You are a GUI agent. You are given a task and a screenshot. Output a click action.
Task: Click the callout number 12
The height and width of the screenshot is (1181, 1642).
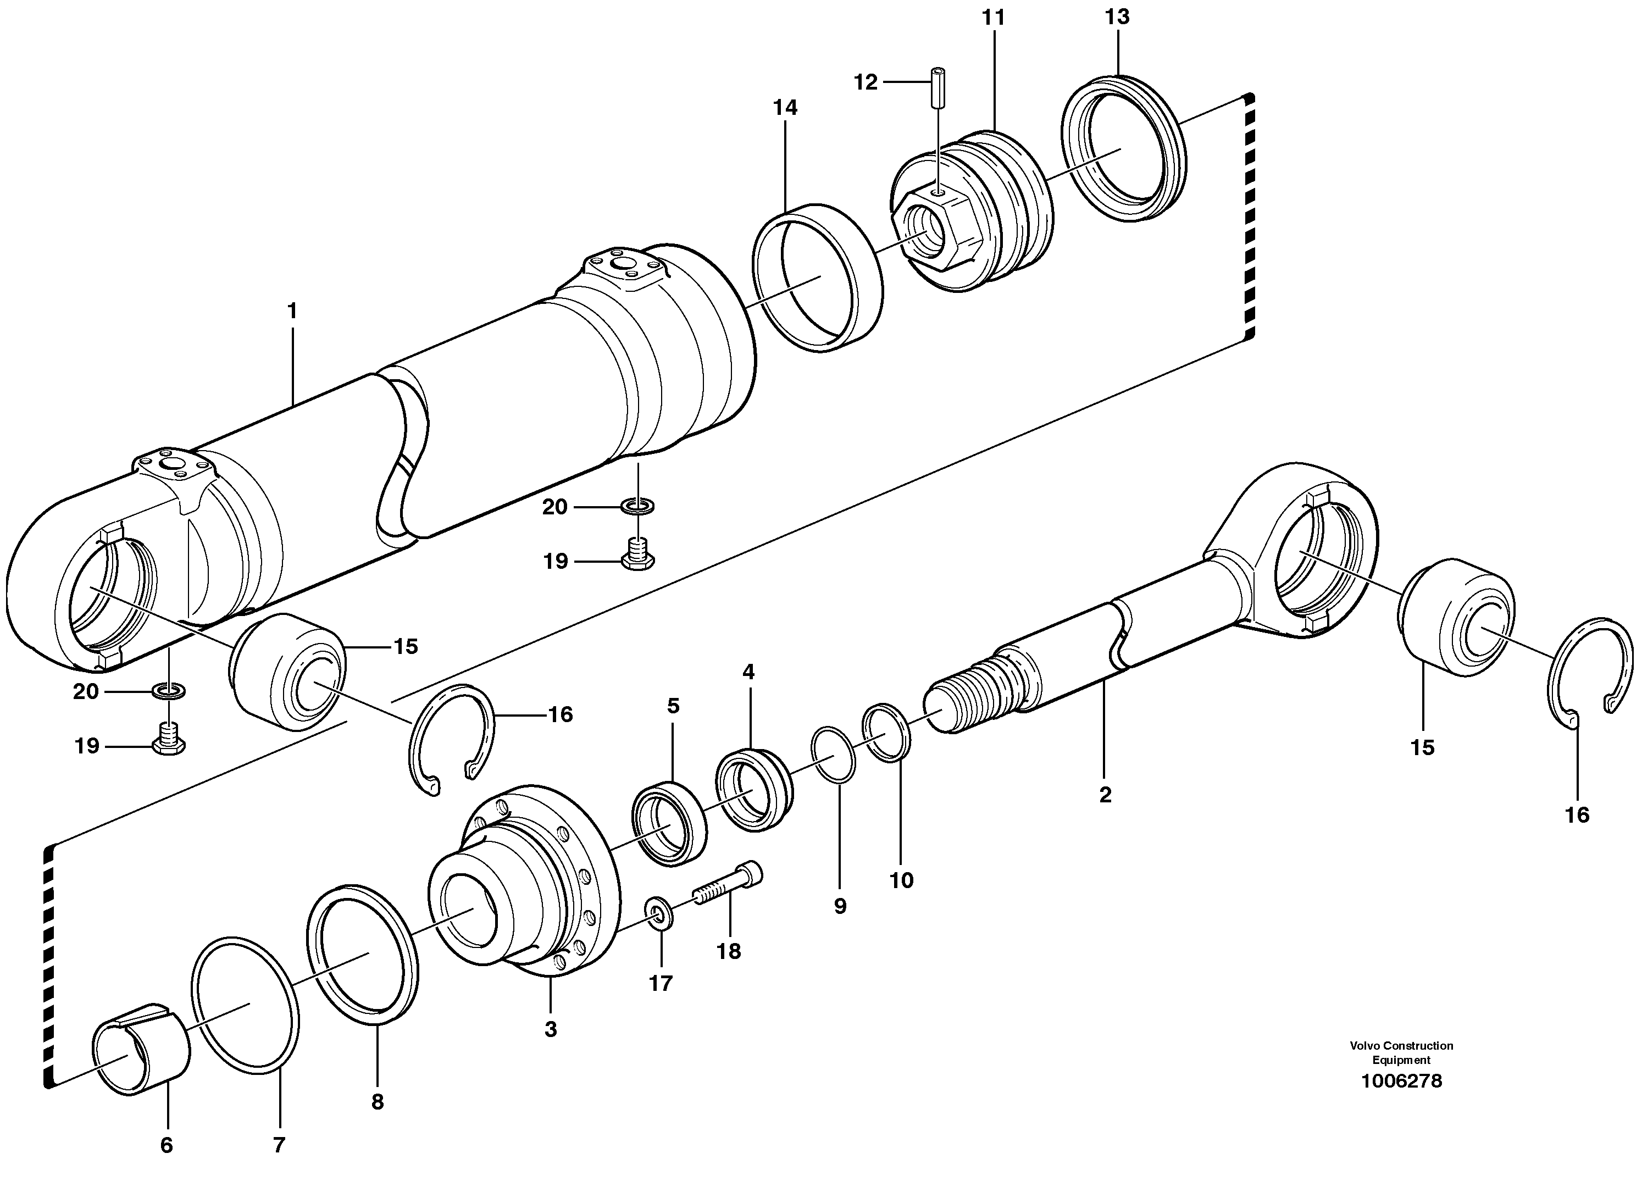(865, 82)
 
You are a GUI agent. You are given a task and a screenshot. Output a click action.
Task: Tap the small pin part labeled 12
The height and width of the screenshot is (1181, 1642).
(938, 87)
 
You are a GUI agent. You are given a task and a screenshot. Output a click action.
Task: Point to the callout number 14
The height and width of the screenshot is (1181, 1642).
(785, 108)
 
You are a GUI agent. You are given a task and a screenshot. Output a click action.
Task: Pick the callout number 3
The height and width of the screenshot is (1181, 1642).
(551, 1029)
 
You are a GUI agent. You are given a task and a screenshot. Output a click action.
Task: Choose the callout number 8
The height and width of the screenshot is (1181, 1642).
(377, 1102)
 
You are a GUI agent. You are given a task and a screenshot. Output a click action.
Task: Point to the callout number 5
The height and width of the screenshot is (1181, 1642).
(673, 706)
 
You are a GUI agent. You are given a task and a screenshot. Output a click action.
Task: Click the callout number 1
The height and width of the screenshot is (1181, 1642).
(292, 312)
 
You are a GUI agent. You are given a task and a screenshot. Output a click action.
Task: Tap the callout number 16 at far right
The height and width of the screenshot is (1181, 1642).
(1577, 816)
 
